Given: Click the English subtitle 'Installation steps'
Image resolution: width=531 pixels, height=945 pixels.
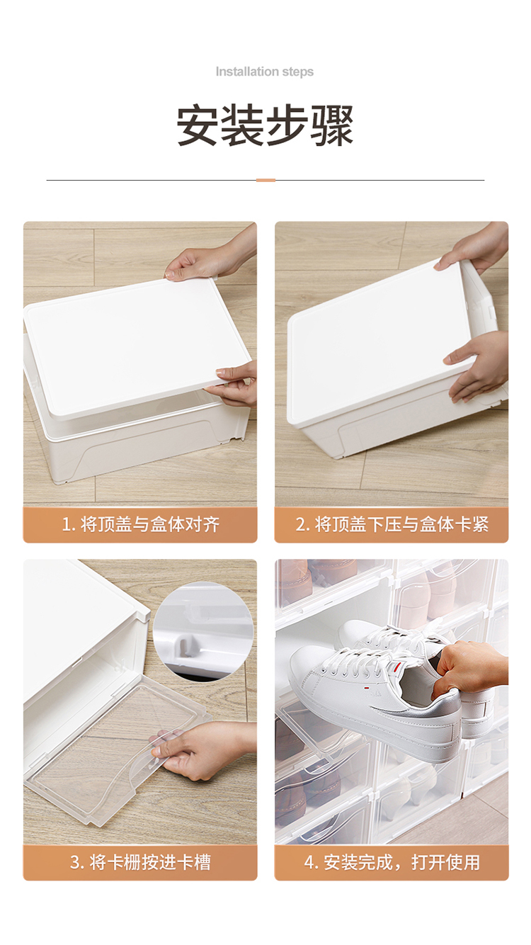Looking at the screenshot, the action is tap(265, 72).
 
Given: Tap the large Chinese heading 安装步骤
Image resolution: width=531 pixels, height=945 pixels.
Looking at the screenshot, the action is tap(265, 125).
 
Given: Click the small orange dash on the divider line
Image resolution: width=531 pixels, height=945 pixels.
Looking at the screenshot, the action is tap(265, 180).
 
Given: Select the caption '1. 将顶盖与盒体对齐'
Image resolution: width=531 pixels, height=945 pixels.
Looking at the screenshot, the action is tap(140, 524).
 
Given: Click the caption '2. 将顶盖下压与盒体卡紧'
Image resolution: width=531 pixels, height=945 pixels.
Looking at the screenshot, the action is tap(392, 524).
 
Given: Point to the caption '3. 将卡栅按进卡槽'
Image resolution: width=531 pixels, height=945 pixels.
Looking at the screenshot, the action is tap(140, 862).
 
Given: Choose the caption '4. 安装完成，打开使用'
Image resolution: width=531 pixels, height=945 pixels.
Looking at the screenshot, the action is tap(392, 862).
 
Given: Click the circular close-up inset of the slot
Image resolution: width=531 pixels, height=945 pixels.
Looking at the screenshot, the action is tap(203, 631).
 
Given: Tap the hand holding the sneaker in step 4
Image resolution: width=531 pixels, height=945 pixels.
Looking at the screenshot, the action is tap(468, 669).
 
